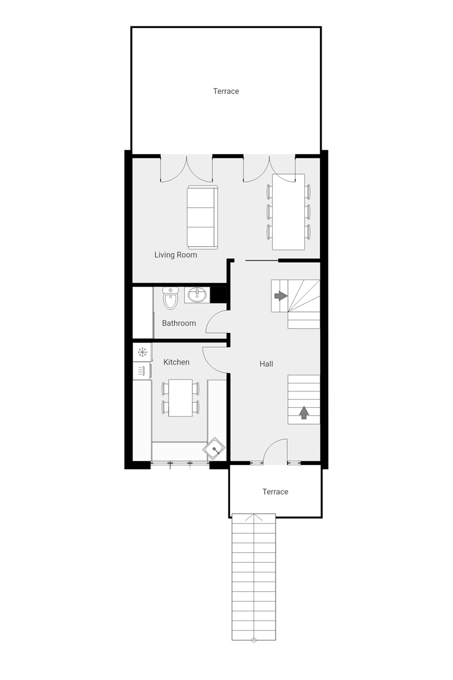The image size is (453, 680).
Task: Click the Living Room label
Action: tap(175, 255)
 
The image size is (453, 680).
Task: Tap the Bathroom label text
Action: tap(179, 323)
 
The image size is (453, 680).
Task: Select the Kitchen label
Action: tap(176, 362)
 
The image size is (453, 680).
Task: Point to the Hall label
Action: tap(266, 364)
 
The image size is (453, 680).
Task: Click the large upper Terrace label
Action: tap(226, 91)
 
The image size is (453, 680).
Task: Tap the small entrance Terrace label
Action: tap(275, 492)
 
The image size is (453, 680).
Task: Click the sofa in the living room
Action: tap(202, 217)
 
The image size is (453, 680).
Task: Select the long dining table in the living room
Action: tap(289, 212)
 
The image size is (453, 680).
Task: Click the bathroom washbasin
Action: tap(197, 295)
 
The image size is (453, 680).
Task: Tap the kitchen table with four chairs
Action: tap(180, 398)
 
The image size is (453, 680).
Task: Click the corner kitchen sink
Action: tap(214, 449)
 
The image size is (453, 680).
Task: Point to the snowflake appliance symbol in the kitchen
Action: tap(142, 352)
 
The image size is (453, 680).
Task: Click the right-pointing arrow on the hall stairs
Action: tap(280, 296)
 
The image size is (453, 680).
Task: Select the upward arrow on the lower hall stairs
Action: tap(304, 413)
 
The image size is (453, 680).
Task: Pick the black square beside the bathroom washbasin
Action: tap(218, 295)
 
